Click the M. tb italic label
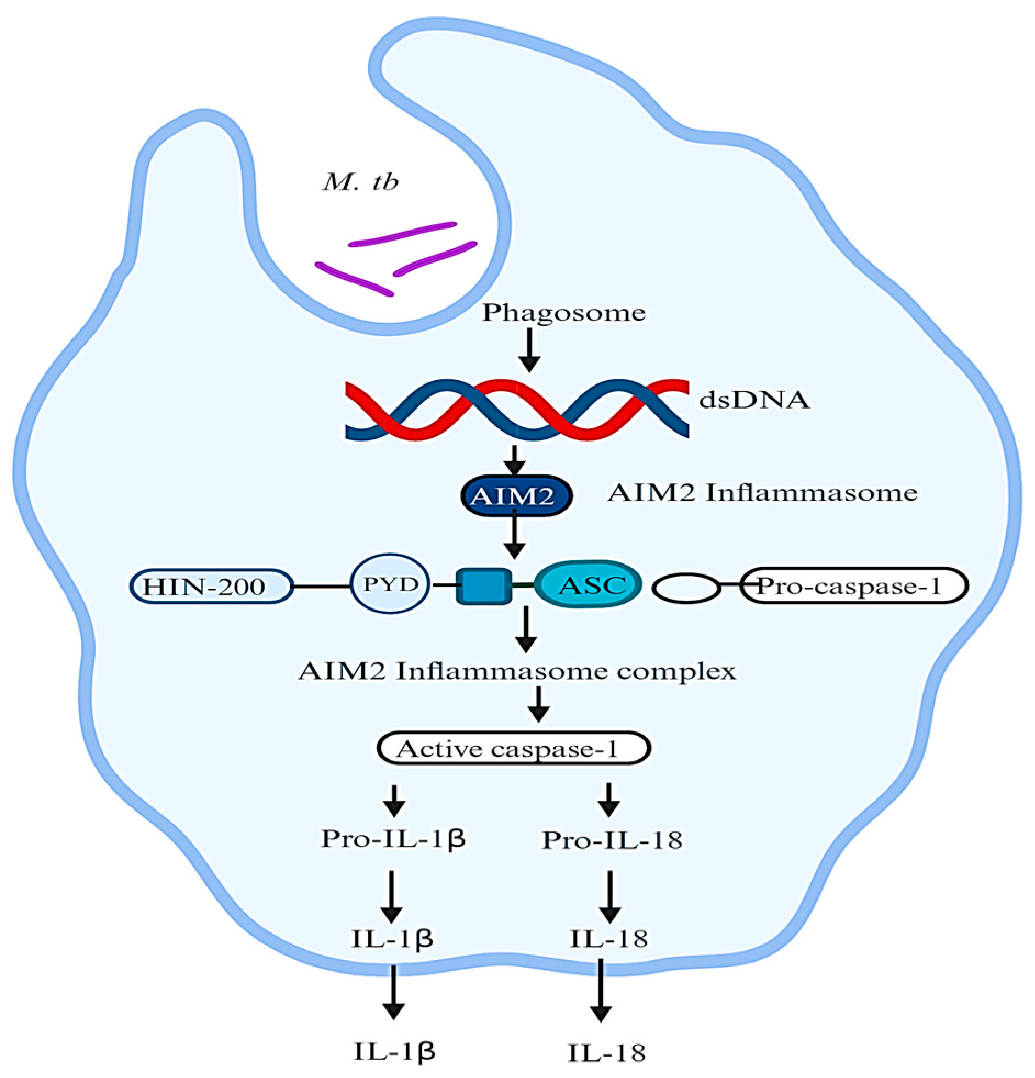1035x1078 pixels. tap(361, 183)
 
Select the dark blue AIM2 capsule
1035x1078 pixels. tap(516, 496)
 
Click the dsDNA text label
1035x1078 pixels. tap(754, 400)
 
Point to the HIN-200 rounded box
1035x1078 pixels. tap(211, 587)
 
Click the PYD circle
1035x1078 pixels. tap(390, 584)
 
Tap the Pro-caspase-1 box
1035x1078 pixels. tap(853, 587)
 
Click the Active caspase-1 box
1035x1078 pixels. tap(513, 748)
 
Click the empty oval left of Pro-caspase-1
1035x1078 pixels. tap(686, 588)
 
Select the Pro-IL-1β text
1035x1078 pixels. tap(393, 839)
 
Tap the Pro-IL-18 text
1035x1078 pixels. tap(612, 840)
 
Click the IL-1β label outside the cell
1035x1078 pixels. tap(394, 1051)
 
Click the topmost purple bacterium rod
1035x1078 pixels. tap(402, 234)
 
